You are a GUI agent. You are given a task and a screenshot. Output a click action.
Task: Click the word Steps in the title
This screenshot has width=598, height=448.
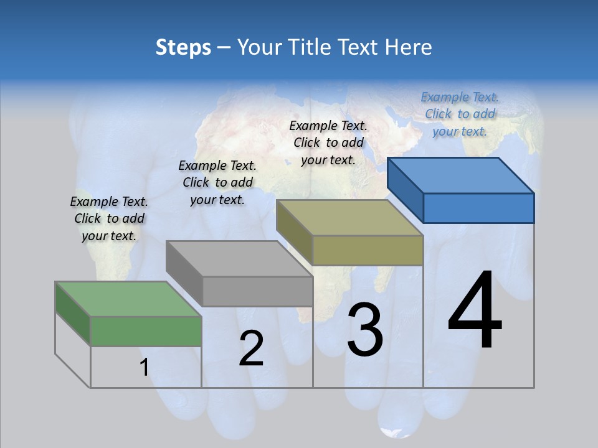[183, 47]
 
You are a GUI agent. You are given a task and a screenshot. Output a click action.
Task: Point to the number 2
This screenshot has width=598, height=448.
[251, 348]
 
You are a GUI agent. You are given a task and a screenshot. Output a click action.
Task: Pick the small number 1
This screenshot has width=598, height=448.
[144, 368]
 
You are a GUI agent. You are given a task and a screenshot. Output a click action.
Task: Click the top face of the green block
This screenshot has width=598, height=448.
[128, 299]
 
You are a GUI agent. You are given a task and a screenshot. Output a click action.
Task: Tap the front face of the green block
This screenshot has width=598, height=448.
[146, 331]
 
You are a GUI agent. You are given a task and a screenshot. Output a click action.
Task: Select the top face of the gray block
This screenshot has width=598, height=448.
[239, 258]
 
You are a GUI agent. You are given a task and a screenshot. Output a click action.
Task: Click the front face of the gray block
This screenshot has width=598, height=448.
[257, 291]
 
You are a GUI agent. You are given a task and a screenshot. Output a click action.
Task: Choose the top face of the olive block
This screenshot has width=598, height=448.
[349, 218]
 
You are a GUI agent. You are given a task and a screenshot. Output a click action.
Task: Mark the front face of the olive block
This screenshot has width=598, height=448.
[368, 250]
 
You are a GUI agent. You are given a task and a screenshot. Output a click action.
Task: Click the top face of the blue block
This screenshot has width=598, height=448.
[460, 175]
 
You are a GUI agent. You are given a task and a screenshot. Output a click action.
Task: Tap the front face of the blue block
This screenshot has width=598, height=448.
[478, 208]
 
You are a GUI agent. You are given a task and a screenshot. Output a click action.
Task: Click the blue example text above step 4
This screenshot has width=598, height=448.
[460, 114]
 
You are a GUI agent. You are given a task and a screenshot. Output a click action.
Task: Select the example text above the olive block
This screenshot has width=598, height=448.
[328, 142]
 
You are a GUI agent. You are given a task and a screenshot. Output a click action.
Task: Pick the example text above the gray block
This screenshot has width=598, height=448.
[217, 182]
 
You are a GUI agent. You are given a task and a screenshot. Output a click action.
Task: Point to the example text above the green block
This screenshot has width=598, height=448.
[109, 218]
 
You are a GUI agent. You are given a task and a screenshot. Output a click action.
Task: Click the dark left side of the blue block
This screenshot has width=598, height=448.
[405, 190]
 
